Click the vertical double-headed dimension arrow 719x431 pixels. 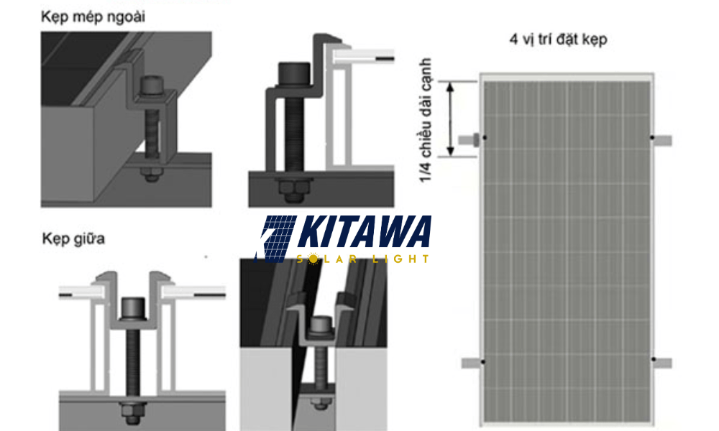452,119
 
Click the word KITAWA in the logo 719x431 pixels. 363,233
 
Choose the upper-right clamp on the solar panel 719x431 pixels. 661,138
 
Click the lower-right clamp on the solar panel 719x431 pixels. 661,362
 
